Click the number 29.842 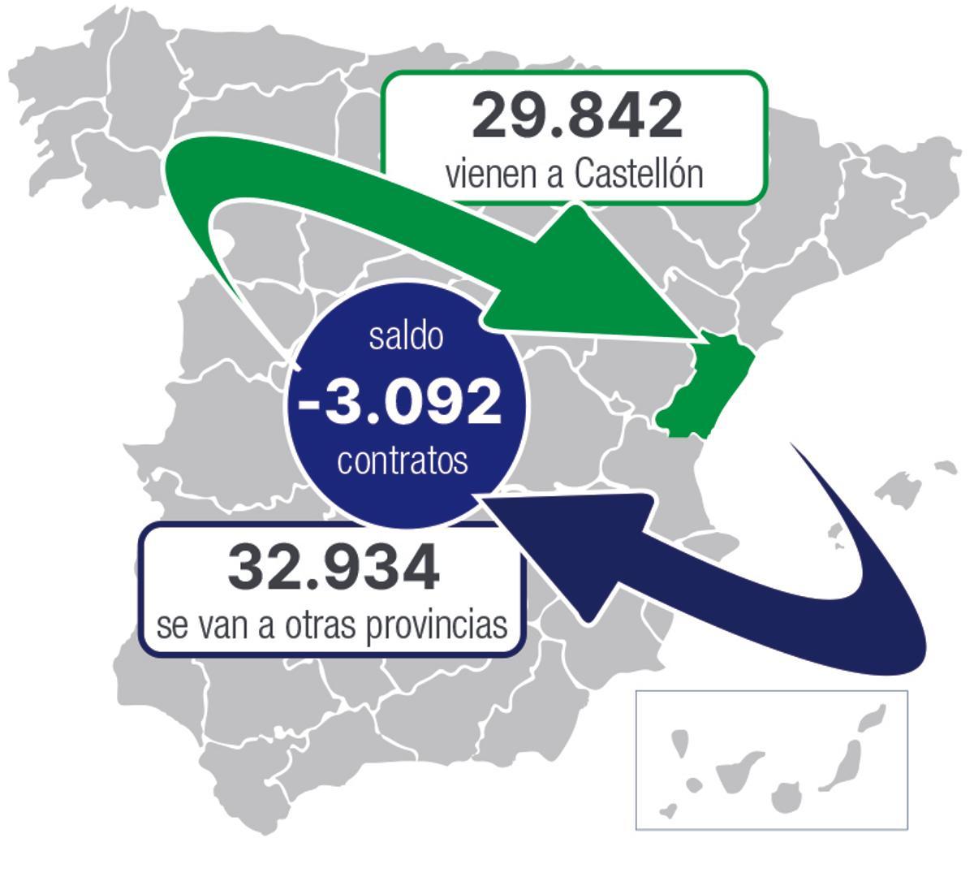(576, 116)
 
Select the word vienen (492, 174)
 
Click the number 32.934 (334, 568)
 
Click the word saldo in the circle (406, 336)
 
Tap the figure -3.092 (401, 400)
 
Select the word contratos (403, 461)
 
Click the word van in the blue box (228, 626)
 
